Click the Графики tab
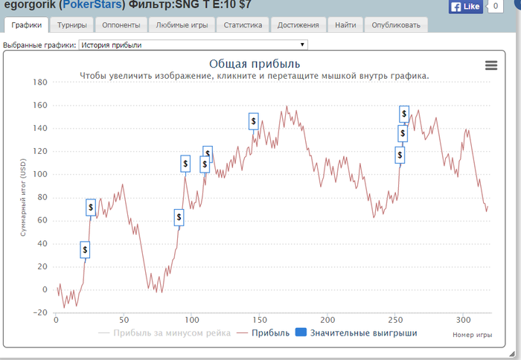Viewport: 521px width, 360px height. [x=27, y=25]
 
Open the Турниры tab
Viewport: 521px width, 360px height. [x=72, y=25]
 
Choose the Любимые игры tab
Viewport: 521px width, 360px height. [x=182, y=25]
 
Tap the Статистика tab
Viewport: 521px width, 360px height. [x=243, y=25]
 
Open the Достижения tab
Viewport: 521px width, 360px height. [x=298, y=25]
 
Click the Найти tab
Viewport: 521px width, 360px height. [x=345, y=25]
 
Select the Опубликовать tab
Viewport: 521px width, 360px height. [x=396, y=25]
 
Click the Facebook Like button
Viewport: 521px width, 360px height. [x=465, y=7]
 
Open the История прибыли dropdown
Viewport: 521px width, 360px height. [x=192, y=45]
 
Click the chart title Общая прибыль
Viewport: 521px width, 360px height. [x=255, y=63]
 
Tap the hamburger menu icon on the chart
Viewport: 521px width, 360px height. [x=490, y=65]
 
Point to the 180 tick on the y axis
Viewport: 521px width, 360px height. [x=40, y=83]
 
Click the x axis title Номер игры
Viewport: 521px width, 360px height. [x=472, y=335]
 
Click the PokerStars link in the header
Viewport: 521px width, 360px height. [x=92, y=6]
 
